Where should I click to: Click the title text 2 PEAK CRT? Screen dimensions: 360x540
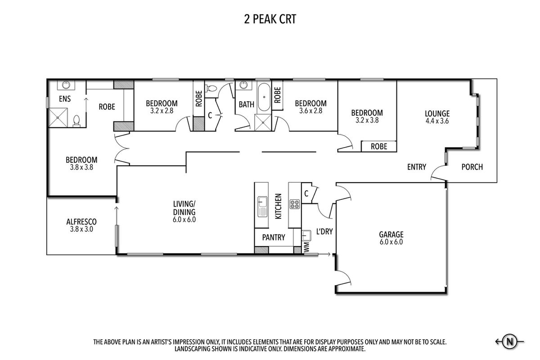(269, 19)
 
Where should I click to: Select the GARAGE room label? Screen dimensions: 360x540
(391, 234)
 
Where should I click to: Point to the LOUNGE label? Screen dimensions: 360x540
(437, 113)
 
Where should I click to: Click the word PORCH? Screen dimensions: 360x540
(472, 167)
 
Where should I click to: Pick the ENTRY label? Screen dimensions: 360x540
(416, 167)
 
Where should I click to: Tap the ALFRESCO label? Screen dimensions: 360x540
(81, 221)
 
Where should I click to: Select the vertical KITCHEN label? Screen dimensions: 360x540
(278, 207)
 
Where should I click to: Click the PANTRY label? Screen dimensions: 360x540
(274, 237)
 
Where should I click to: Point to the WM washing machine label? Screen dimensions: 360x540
(306, 247)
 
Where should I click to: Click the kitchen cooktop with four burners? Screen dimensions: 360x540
(295, 205)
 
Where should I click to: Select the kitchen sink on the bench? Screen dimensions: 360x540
(262, 207)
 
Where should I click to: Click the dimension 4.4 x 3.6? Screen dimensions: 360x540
(437, 121)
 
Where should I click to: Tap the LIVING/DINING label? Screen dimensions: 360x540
(184, 212)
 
